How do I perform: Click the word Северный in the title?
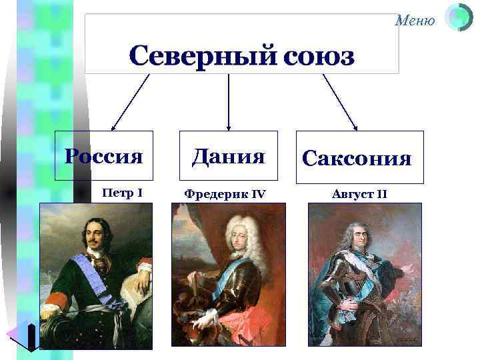[x=194, y=57]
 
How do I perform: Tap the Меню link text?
[x=415, y=21]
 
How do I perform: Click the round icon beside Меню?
[x=458, y=18]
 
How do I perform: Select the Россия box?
[x=104, y=156]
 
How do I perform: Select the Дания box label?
[x=229, y=156]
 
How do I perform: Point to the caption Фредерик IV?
[x=225, y=194]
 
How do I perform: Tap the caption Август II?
[x=359, y=194]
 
